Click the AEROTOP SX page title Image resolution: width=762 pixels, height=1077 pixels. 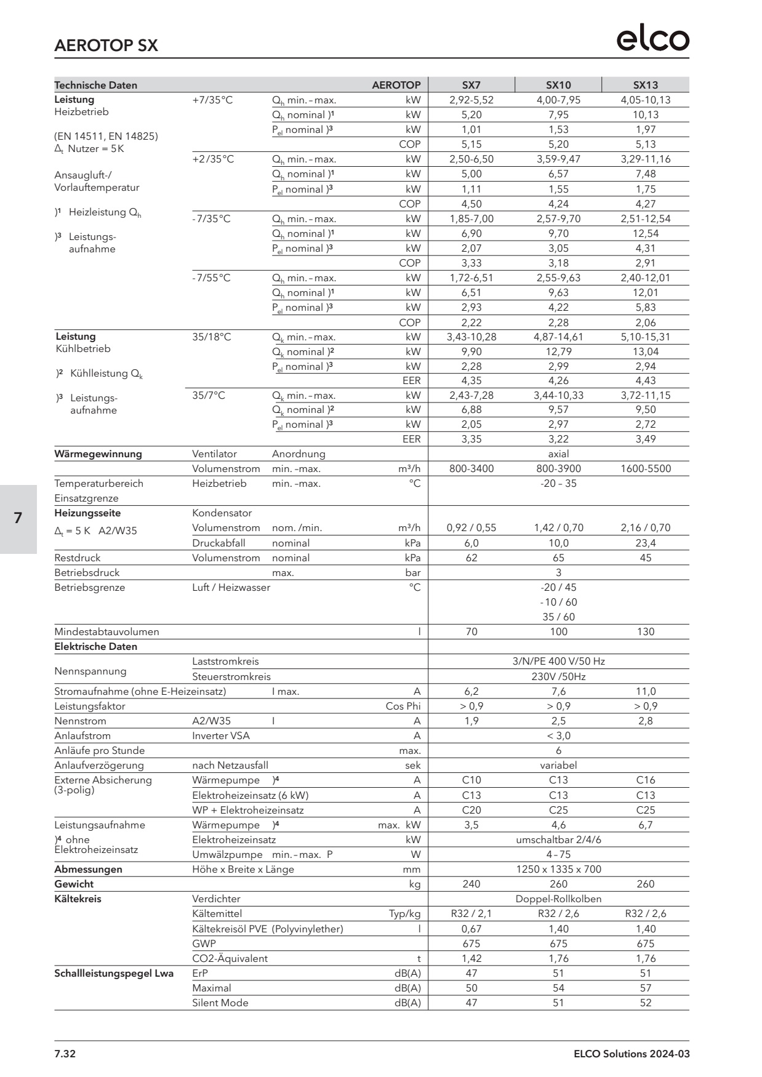106,46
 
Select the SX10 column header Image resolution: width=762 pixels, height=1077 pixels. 558,85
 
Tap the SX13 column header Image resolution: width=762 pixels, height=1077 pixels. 645,85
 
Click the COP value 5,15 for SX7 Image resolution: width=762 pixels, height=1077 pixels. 471,144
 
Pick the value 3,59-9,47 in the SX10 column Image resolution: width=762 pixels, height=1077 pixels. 558,159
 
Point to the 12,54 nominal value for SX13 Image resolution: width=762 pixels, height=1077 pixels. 645,233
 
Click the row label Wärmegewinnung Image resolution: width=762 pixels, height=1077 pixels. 98,454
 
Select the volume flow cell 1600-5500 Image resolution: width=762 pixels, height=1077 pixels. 645,468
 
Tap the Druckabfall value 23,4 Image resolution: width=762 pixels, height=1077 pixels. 645,543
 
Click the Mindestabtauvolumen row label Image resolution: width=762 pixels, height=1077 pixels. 106,631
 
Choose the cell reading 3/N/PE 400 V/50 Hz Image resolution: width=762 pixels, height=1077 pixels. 558,661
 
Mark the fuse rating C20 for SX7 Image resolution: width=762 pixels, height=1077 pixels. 471,810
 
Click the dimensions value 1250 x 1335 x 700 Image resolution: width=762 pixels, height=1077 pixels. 558,869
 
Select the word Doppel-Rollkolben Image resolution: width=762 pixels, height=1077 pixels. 558,899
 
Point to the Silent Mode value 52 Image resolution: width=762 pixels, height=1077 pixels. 645,1003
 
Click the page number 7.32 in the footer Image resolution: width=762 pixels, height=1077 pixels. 65,1054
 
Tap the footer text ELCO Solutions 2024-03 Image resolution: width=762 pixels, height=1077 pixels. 632,1054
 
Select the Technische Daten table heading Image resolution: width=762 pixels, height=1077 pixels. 95,85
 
